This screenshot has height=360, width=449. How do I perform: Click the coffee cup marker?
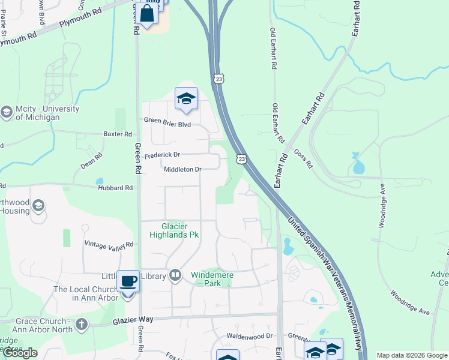[128, 281]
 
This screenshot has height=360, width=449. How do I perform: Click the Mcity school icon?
[7, 112]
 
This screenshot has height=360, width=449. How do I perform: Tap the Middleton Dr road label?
[182, 169]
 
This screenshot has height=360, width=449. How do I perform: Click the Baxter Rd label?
[117, 134]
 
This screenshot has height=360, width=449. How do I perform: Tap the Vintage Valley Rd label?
[109, 244]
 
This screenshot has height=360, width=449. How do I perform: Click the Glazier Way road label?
[130, 322]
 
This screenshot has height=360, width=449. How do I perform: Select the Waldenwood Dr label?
[249, 336]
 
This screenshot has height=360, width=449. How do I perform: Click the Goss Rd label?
[304, 158]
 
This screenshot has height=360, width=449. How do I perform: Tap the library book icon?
[175, 275]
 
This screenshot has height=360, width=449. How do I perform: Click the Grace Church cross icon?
[81, 325]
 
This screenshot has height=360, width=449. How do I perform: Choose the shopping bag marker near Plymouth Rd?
[146, 14]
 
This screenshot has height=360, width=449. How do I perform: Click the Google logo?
[20, 353]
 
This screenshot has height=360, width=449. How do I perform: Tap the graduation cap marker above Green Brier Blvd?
[186, 98]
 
